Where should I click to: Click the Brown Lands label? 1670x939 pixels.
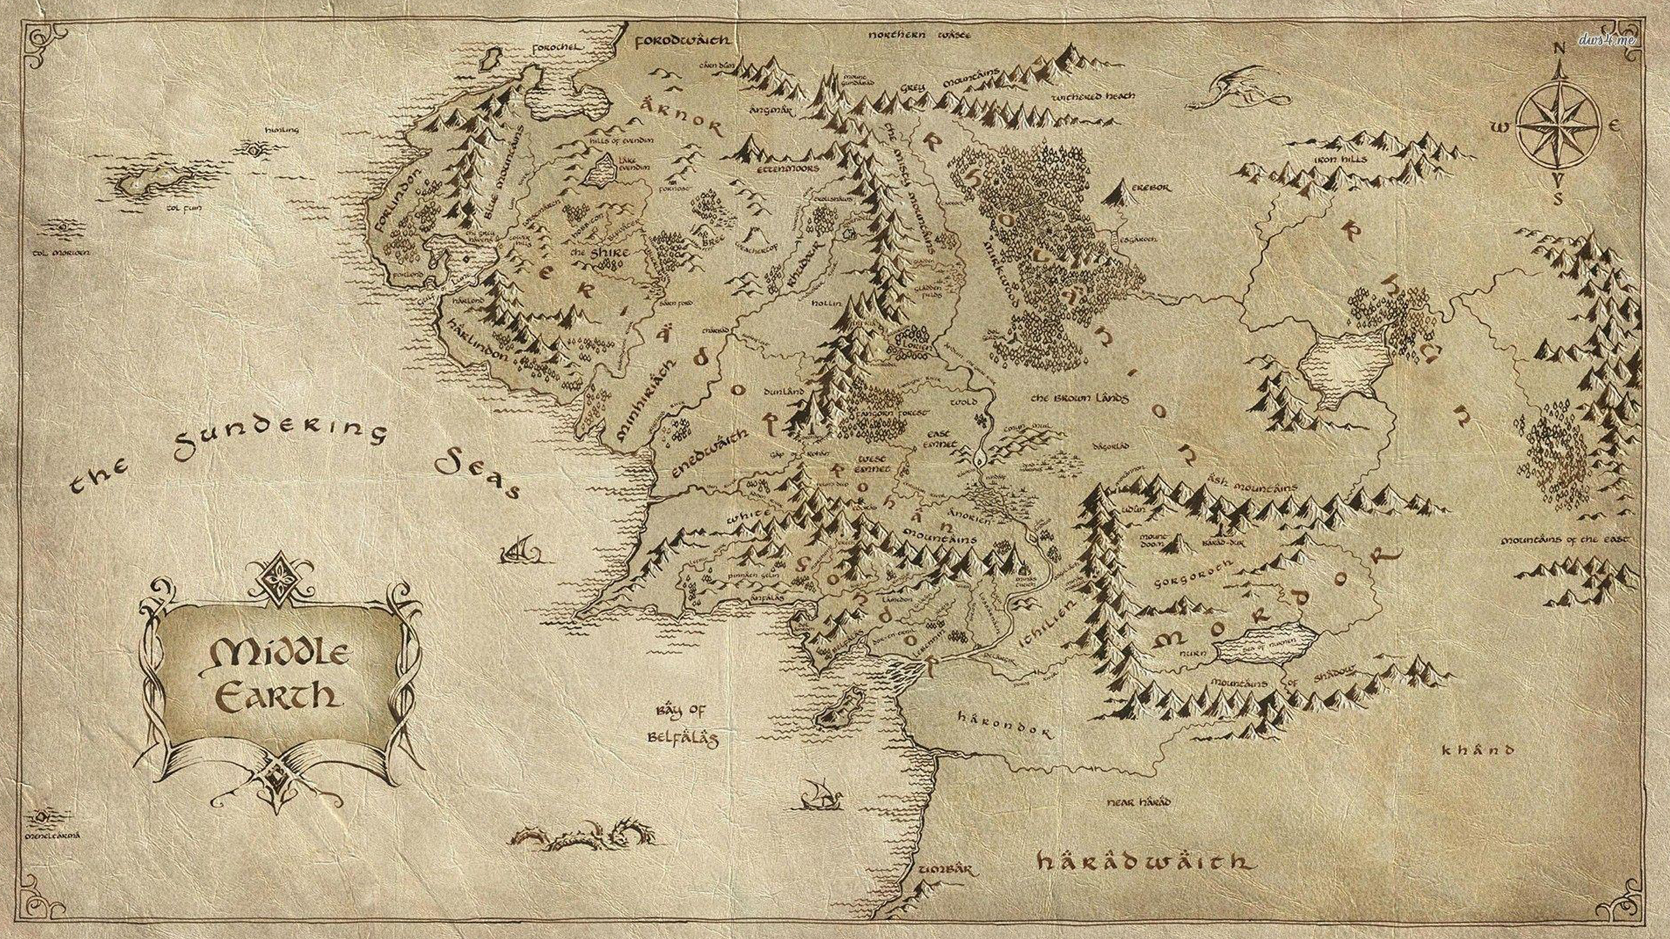click(1080, 396)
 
